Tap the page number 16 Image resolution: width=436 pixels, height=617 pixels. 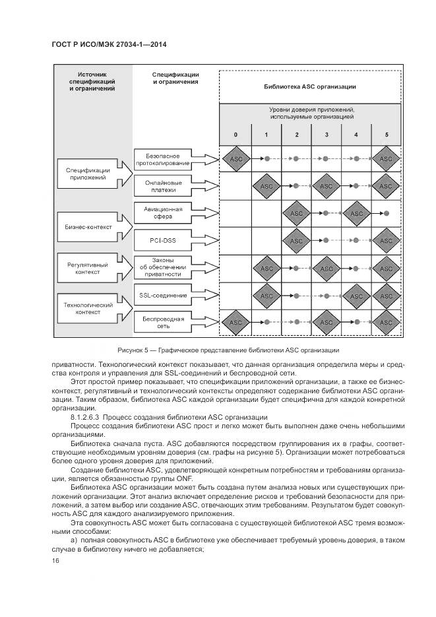point(55,560)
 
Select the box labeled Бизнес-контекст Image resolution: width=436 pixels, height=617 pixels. point(88,226)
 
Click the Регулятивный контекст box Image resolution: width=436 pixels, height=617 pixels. point(88,267)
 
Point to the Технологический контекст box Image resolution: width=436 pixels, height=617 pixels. point(88,308)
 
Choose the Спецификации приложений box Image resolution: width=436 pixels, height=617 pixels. point(88,174)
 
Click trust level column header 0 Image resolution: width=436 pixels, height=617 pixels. point(235,135)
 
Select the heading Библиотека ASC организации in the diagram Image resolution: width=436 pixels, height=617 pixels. point(309,86)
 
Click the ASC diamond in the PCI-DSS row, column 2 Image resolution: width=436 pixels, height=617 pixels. point(297,242)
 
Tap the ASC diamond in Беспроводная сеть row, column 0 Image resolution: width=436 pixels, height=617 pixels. point(235,323)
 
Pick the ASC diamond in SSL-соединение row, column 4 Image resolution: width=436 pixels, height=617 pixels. point(357,296)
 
